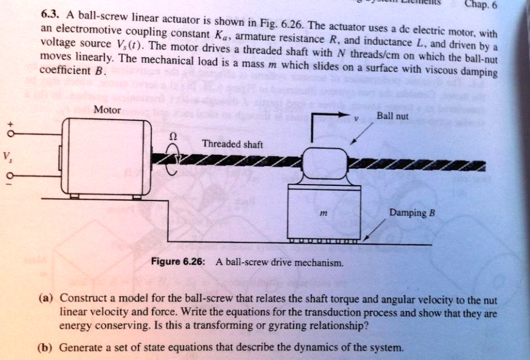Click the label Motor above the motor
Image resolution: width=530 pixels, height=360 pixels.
107,110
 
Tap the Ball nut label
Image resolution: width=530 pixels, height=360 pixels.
392,116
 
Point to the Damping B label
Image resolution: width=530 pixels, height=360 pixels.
412,213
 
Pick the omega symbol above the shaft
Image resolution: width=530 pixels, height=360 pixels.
171,135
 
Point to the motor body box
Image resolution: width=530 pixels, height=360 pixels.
107,157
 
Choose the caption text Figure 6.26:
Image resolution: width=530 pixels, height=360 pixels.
177,261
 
